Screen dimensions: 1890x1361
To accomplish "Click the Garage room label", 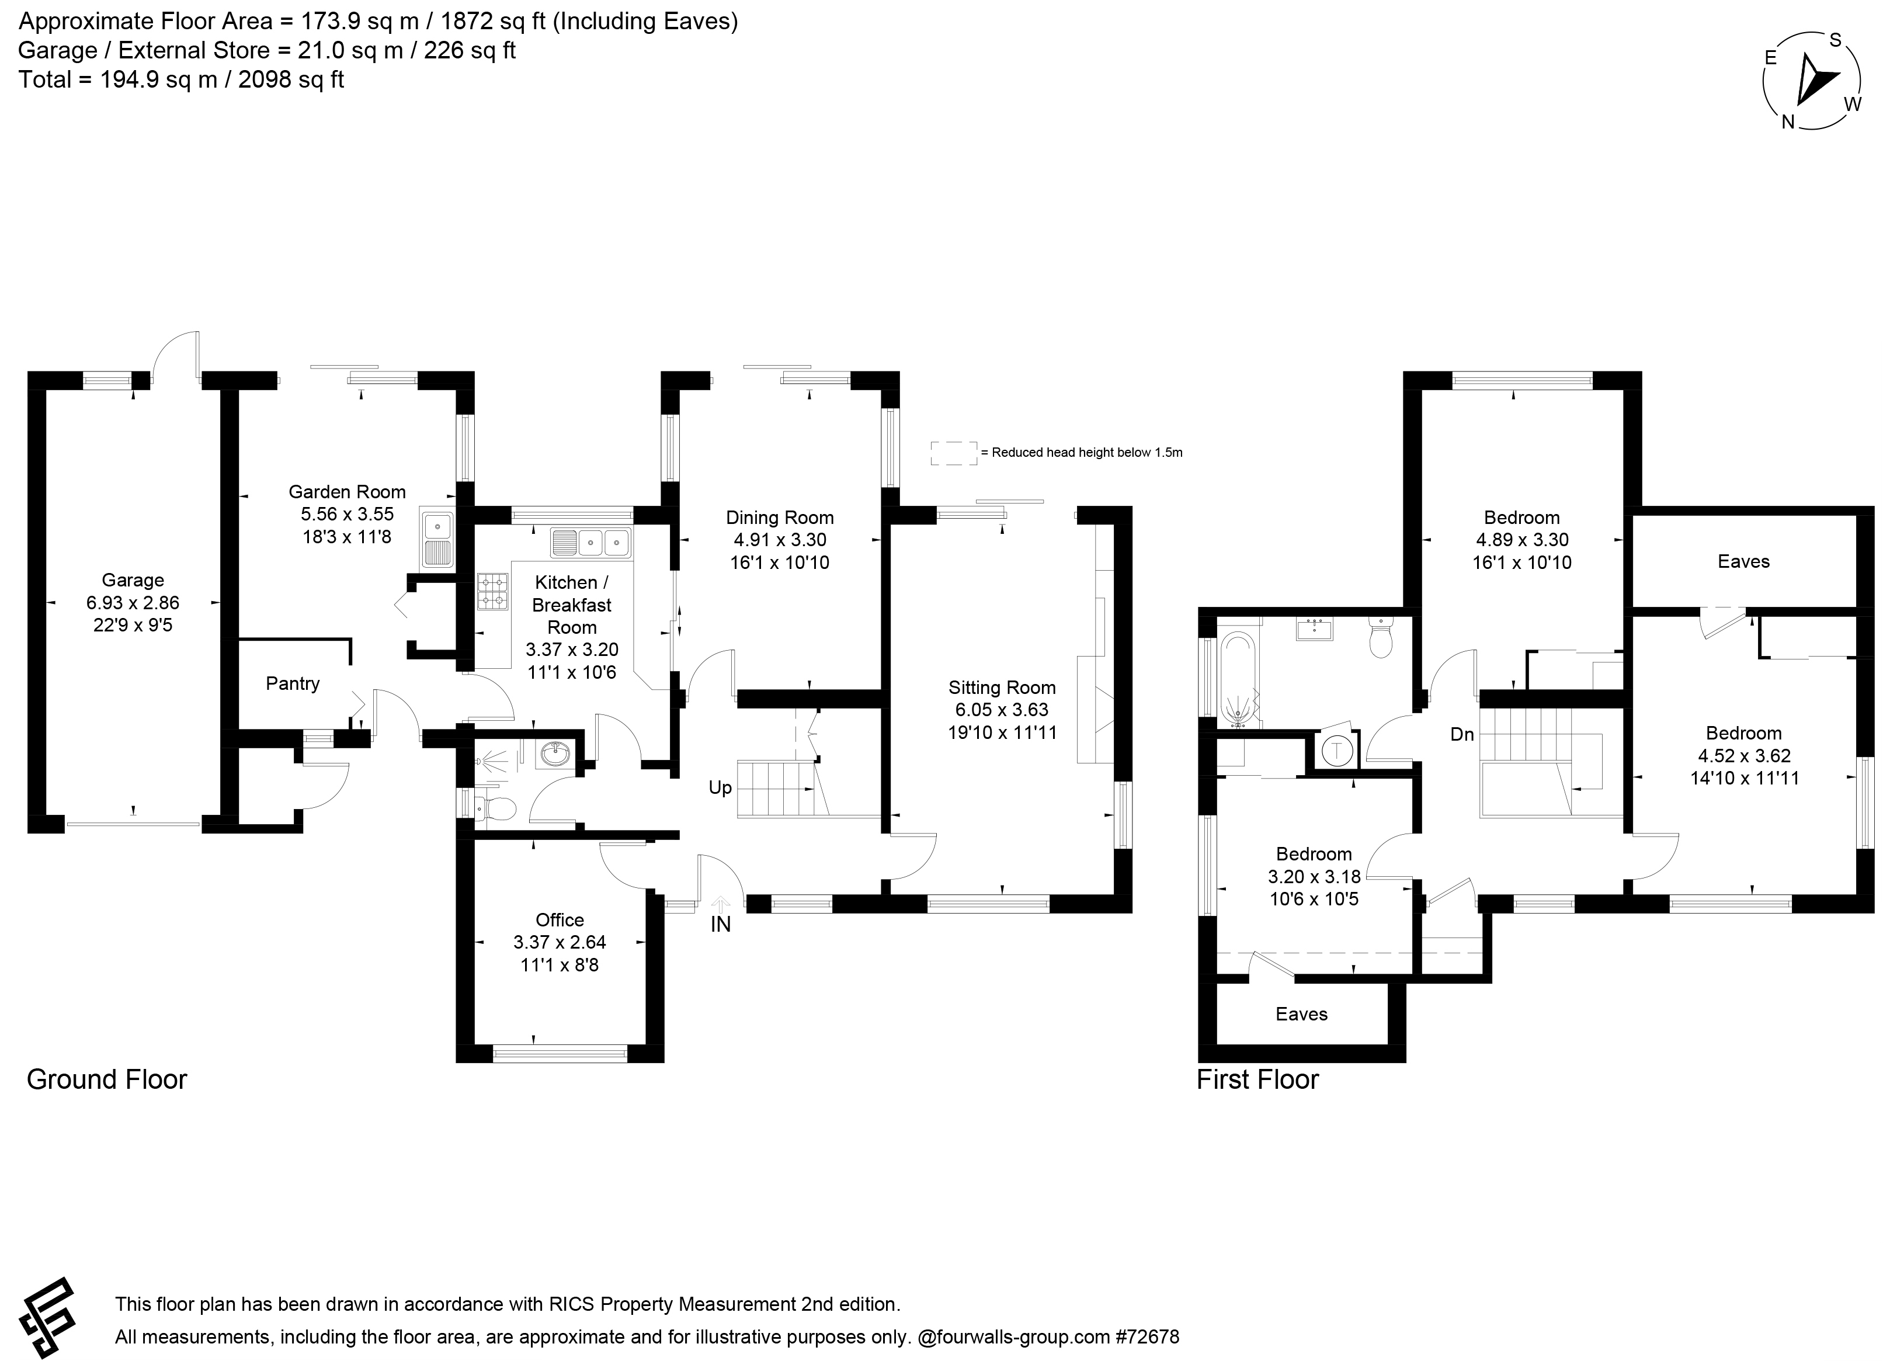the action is pyautogui.click(x=133, y=580).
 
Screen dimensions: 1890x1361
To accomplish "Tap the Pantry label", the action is pyautogui.click(x=293, y=683).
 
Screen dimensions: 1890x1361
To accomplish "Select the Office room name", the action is pyautogui.click(x=560, y=919).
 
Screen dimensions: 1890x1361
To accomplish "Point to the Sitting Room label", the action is pyautogui.click(x=1002, y=688).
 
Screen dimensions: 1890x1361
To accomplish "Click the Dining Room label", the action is pyautogui.click(x=780, y=518).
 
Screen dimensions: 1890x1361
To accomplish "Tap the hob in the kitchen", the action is pyautogui.click(x=492, y=592).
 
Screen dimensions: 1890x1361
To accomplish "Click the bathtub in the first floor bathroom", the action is pyautogui.click(x=1238, y=678).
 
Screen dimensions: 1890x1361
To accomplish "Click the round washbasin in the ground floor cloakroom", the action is pyautogui.click(x=555, y=756).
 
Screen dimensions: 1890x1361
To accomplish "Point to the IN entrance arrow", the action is pyautogui.click(x=721, y=902).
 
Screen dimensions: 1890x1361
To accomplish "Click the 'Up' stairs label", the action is pyautogui.click(x=720, y=787).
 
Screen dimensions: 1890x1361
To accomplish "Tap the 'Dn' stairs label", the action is pyautogui.click(x=1462, y=734).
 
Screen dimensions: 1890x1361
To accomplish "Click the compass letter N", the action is pyautogui.click(x=1788, y=121).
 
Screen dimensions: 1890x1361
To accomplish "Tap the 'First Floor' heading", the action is pyautogui.click(x=1257, y=1079).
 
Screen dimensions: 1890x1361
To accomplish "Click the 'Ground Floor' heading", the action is pyautogui.click(x=107, y=1079).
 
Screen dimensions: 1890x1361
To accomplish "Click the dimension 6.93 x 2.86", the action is pyautogui.click(x=133, y=603).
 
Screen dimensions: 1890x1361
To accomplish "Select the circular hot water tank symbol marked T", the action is pyautogui.click(x=1337, y=750).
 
